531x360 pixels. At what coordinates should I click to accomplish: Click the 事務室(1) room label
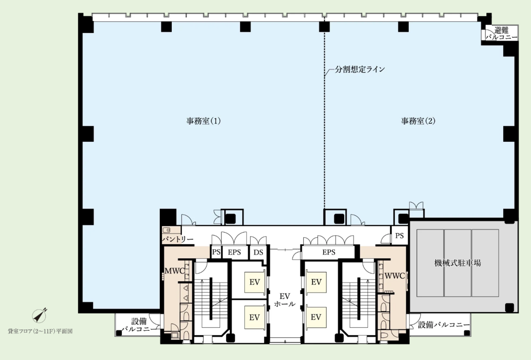(203, 120)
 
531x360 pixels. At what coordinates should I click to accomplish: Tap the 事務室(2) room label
(418, 120)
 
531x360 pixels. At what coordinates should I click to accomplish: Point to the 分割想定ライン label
(360, 70)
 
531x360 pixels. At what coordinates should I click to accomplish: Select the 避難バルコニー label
(501, 34)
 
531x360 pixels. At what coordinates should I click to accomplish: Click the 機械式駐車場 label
(458, 263)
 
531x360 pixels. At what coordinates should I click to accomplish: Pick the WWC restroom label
(394, 275)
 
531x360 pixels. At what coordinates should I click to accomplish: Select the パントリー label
(178, 240)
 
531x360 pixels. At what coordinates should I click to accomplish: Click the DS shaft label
(258, 252)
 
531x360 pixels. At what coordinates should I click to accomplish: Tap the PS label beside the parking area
(399, 236)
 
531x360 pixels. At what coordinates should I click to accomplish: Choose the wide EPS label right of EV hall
(329, 252)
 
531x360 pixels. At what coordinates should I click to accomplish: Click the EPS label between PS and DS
(234, 252)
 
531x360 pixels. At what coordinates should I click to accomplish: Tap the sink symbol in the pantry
(167, 230)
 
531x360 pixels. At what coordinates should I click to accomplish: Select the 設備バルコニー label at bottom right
(444, 325)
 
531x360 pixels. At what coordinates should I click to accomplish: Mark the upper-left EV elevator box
(254, 282)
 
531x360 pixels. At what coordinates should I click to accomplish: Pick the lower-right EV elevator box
(316, 317)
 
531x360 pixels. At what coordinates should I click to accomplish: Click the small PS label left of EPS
(216, 252)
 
